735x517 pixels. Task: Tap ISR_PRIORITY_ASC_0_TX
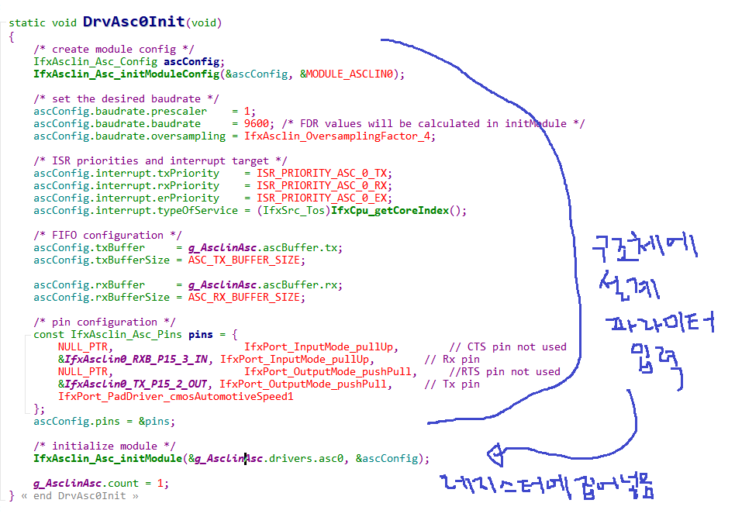(324, 173)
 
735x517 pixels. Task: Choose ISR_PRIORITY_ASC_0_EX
(324, 198)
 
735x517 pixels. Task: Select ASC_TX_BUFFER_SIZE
(247, 260)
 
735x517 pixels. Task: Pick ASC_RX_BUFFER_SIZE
(247, 297)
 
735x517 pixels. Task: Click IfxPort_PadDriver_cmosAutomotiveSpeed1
(176, 396)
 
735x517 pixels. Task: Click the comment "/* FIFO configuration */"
(108, 235)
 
